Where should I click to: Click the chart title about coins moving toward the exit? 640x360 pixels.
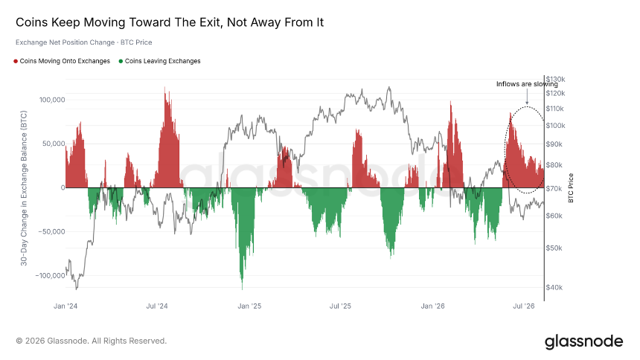pyautogui.click(x=170, y=22)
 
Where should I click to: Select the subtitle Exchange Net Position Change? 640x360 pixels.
pyautogui.click(x=65, y=42)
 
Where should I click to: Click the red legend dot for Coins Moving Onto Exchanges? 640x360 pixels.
pyautogui.click(x=16, y=61)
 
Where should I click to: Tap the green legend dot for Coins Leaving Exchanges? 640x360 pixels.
pyautogui.click(x=121, y=61)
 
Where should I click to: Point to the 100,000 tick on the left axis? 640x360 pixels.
pyautogui.click(x=52, y=100)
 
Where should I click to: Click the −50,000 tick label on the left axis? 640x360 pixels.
pyautogui.click(x=51, y=232)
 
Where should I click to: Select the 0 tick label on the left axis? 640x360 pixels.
pyautogui.click(x=63, y=187)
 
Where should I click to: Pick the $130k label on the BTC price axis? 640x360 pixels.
pyautogui.click(x=555, y=79)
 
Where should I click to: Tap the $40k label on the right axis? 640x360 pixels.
pyautogui.click(x=554, y=287)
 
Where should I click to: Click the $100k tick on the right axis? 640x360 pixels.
pyautogui.click(x=555, y=126)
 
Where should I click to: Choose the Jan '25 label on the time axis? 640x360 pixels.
pyautogui.click(x=249, y=306)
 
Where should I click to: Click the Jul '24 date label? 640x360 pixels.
pyautogui.click(x=157, y=306)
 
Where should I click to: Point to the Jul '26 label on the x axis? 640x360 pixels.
pyautogui.click(x=524, y=306)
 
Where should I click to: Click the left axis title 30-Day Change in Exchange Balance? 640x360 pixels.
pyautogui.click(x=24, y=188)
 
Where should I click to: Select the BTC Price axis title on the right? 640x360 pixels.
pyautogui.click(x=571, y=187)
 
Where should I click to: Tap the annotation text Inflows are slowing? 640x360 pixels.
pyautogui.click(x=527, y=84)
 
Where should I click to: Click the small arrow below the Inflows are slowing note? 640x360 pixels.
pyautogui.click(x=527, y=97)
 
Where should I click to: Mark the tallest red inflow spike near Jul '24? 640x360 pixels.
pyautogui.click(x=165, y=87)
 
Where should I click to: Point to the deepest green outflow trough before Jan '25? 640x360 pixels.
pyautogui.click(x=242, y=288)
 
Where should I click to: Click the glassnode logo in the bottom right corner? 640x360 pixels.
pyautogui.click(x=583, y=341)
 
